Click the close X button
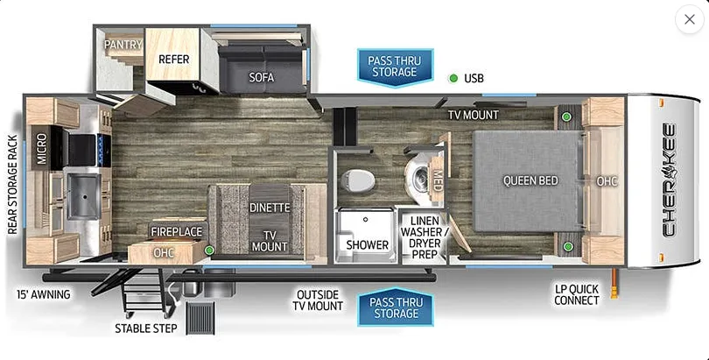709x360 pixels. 689,19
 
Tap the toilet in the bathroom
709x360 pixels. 357,180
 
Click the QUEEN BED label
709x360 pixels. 530,180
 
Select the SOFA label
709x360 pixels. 262,77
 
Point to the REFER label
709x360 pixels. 173,60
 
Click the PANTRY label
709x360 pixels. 123,45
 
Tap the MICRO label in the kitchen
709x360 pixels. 42,148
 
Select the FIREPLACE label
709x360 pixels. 176,231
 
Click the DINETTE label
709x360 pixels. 270,208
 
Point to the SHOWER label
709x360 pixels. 367,244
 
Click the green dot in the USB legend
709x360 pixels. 453,78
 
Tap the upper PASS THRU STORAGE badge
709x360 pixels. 395,67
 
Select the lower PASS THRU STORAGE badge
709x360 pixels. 396,307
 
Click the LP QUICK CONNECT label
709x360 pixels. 577,294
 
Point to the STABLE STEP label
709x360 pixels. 145,328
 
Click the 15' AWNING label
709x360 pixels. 44,294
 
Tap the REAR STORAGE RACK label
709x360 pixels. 12,185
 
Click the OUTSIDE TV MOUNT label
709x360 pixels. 318,300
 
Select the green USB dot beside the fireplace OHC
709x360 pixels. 209,250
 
